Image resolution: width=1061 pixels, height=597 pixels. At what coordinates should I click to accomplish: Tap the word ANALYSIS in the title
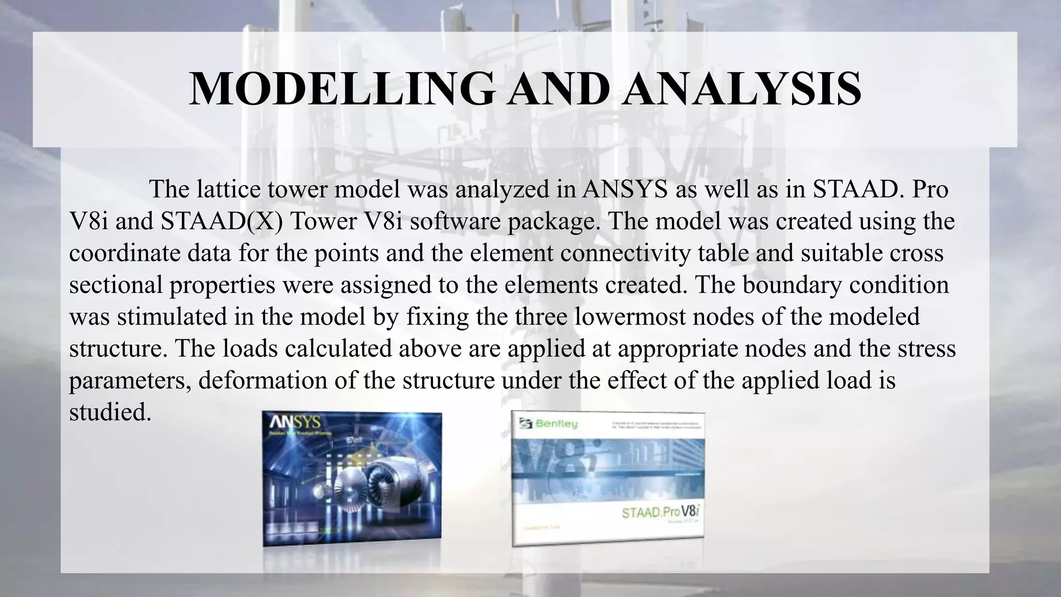click(x=742, y=89)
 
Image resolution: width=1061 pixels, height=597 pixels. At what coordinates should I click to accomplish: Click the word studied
click(x=110, y=413)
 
